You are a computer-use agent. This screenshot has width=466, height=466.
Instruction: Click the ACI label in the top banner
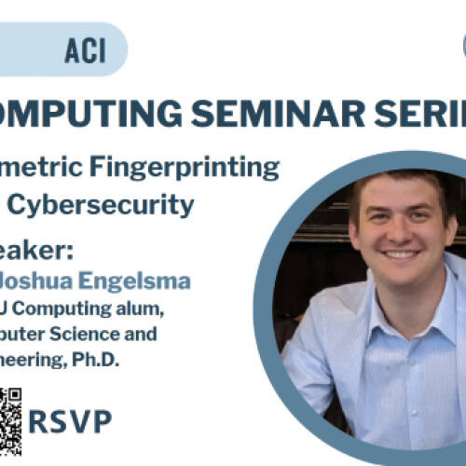pos(85,50)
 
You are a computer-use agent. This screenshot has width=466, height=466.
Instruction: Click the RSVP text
pos(70,421)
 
